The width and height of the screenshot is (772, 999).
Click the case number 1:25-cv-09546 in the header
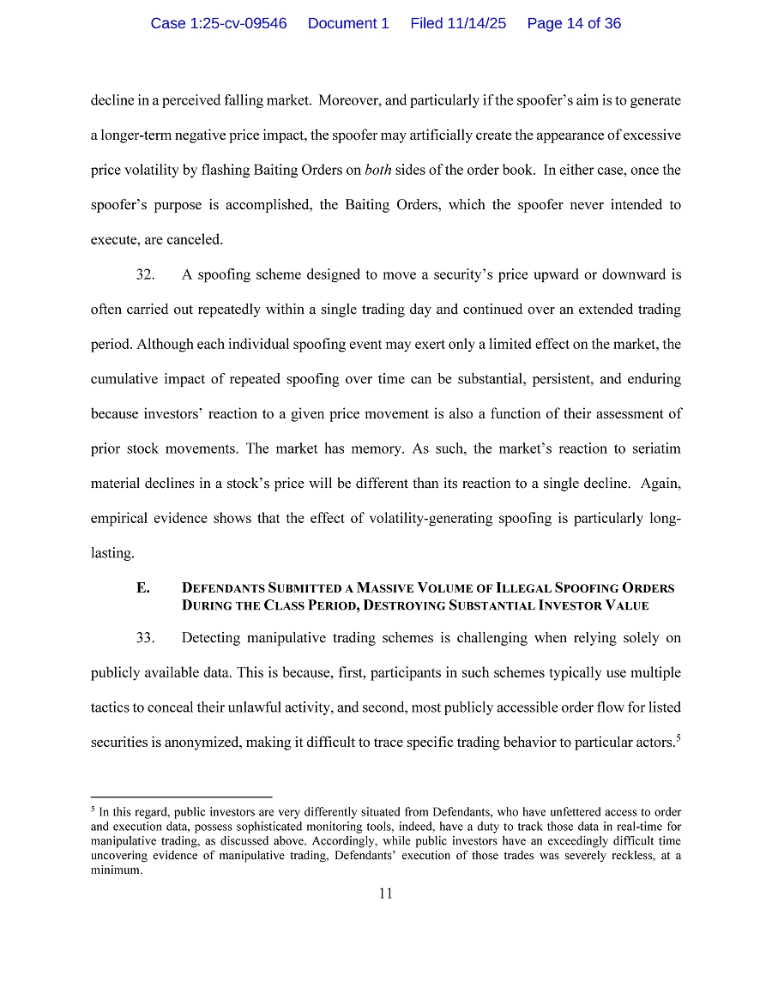(x=219, y=23)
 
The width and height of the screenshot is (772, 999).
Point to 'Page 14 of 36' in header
(x=574, y=23)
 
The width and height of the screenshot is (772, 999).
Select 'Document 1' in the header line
(x=348, y=23)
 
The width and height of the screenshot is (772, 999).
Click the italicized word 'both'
(x=378, y=170)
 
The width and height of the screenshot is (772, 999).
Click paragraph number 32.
(x=145, y=275)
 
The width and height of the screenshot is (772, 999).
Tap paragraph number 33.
(x=145, y=638)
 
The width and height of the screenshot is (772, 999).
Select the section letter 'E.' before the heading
(x=143, y=588)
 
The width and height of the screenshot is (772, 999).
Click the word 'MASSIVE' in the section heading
(x=386, y=588)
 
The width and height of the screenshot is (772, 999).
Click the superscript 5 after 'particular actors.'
(x=679, y=737)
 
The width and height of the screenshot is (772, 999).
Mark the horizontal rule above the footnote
(x=181, y=796)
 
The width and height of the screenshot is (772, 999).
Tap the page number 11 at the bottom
(x=386, y=894)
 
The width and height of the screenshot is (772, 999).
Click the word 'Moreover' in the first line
(x=349, y=100)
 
